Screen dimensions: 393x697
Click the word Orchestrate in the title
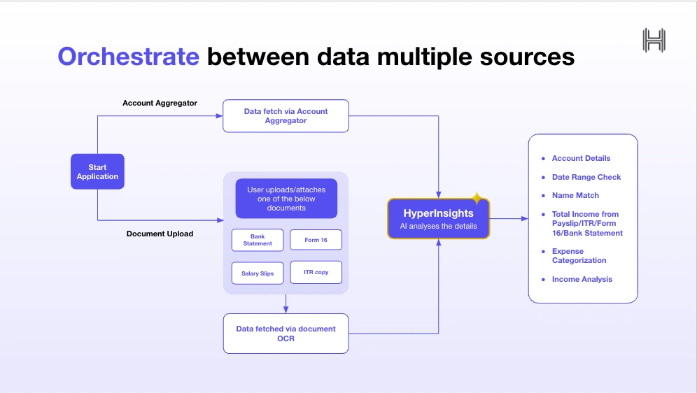[128, 56]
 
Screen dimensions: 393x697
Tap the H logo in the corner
[654, 40]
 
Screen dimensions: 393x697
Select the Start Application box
[97, 172]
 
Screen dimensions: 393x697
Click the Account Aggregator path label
[160, 103]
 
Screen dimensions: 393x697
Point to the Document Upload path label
[160, 234]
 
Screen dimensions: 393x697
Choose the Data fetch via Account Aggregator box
[286, 116]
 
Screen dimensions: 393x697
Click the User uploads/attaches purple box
[286, 199]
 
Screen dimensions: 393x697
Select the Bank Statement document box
[258, 240]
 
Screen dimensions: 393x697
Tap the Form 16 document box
[316, 240]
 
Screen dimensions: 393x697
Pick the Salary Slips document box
[258, 273]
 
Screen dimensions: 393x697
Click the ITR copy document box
[316, 273]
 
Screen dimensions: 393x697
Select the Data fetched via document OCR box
[286, 334]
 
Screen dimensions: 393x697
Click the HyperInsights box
[438, 219]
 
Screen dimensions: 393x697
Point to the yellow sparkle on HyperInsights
[477, 199]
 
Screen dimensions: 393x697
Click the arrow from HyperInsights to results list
[509, 219]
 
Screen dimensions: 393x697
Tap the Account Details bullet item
[581, 158]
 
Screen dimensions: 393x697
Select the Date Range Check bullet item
[586, 177]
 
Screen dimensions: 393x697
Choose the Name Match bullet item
[575, 195]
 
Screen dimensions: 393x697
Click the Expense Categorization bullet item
[579, 256]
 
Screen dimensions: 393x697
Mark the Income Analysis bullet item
[582, 279]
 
